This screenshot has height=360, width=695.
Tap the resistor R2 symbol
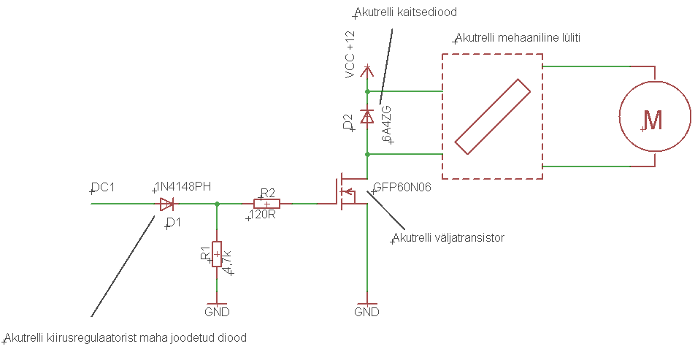266,204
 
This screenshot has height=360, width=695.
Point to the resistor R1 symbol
216,253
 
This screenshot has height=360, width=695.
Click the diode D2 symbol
367,116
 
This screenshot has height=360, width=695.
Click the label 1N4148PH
183,187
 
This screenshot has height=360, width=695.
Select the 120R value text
262,215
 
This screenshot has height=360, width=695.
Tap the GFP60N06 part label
402,187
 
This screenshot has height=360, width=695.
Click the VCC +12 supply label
350,55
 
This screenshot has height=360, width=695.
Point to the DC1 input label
103,188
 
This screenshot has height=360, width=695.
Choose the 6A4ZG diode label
387,122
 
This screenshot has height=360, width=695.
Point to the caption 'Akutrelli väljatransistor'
448,237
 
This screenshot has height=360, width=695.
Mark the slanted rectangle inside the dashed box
492,117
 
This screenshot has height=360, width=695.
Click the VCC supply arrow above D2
367,72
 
